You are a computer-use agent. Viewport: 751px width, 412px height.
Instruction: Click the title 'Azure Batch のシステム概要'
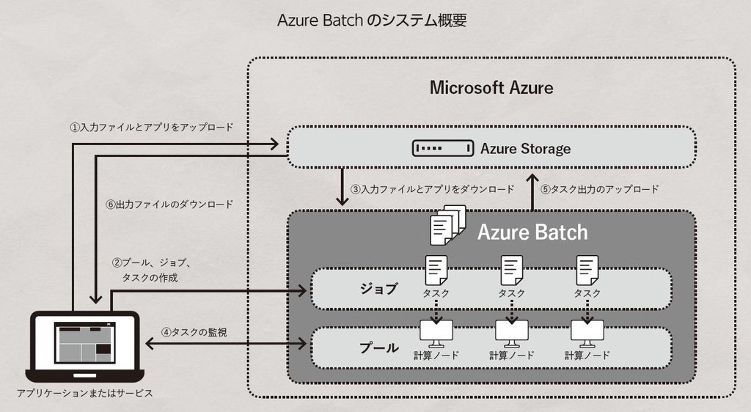pyautogui.click(x=372, y=21)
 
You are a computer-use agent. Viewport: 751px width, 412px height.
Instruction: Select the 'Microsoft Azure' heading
pyautogui.click(x=491, y=88)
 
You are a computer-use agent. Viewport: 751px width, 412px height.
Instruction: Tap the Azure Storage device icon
pyautogui.click(x=442, y=149)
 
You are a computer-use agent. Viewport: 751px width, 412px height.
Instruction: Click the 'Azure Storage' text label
pyautogui.click(x=525, y=149)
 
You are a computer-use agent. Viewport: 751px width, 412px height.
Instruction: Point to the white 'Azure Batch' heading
pyautogui.click(x=532, y=232)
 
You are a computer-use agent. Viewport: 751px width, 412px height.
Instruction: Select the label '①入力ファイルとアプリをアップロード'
pyautogui.click(x=151, y=127)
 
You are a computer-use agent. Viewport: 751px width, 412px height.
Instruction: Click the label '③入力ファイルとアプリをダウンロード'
pyautogui.click(x=432, y=188)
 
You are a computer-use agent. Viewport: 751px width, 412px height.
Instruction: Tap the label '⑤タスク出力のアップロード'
pyautogui.click(x=599, y=188)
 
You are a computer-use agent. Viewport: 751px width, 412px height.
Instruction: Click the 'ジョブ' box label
pyautogui.click(x=379, y=289)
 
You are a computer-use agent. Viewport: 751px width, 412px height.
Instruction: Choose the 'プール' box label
pyautogui.click(x=379, y=347)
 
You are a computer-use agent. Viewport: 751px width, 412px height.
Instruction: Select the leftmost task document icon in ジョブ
pyautogui.click(x=436, y=271)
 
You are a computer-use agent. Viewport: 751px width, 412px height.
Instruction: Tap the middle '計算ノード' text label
pyautogui.click(x=511, y=355)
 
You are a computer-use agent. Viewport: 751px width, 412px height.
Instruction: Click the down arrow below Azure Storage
pyautogui.click(x=342, y=188)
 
